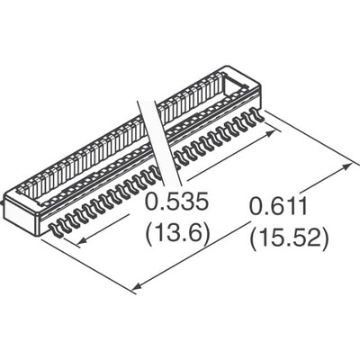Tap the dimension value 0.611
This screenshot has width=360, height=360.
(279, 209)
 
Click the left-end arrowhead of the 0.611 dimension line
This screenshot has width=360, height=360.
(136, 288)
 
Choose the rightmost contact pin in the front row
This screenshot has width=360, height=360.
(260, 115)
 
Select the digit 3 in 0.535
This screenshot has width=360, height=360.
(186, 202)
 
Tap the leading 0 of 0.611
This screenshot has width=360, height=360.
(255, 209)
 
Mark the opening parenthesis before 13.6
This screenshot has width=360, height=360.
(149, 236)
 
